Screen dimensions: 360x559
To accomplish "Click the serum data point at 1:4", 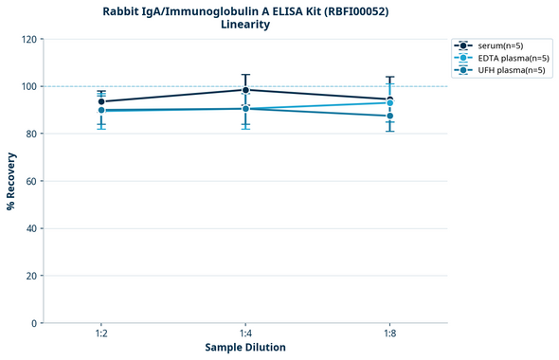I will click(245, 90).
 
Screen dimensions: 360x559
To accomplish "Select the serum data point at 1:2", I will click(101, 101).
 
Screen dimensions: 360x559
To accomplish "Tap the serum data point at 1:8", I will click(389, 99).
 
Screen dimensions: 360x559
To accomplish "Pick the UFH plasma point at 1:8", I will click(389, 116).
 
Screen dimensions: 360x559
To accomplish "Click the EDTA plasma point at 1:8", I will click(389, 102).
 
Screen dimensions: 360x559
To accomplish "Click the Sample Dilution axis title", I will click(245, 348).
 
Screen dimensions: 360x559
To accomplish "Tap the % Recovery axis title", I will click(10, 181).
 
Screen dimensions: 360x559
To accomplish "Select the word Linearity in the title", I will click(244, 25).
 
